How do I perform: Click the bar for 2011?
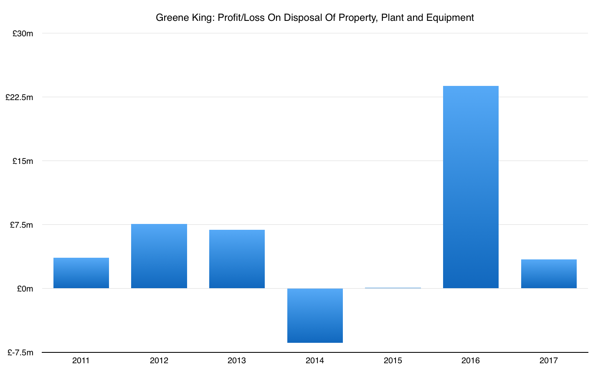click(81, 273)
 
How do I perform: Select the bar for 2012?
click(159, 256)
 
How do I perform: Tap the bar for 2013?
click(237, 259)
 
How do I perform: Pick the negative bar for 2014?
click(315, 315)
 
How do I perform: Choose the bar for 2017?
click(549, 274)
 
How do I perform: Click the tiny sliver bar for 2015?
click(393, 288)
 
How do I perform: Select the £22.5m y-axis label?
click(19, 97)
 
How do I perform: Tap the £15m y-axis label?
click(23, 161)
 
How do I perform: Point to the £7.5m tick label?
click(21, 225)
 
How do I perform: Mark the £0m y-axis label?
click(25, 289)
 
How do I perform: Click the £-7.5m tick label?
click(20, 353)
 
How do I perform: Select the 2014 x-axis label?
click(315, 361)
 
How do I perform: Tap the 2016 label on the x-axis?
click(471, 361)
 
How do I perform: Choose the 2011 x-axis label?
click(81, 361)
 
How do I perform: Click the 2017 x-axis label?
click(549, 361)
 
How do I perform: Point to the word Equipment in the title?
click(451, 18)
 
